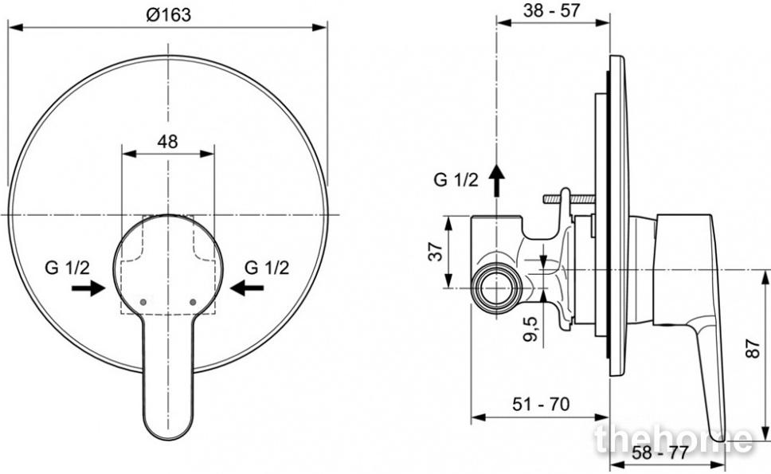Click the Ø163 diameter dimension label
click(x=168, y=15)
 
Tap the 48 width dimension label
click(x=168, y=142)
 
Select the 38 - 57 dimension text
click(x=552, y=10)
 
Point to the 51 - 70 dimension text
click(x=540, y=404)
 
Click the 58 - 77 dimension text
click(x=659, y=452)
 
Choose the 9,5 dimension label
click(x=531, y=329)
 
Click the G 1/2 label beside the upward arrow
click(x=456, y=180)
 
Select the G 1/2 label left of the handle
click(x=68, y=268)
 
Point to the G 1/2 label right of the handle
click(x=267, y=268)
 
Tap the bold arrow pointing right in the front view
click(x=88, y=288)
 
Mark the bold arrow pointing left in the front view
click(x=247, y=288)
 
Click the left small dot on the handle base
click(x=143, y=301)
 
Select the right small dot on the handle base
click(x=192, y=301)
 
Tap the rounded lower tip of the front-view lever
click(x=168, y=437)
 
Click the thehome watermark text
click(x=674, y=439)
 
